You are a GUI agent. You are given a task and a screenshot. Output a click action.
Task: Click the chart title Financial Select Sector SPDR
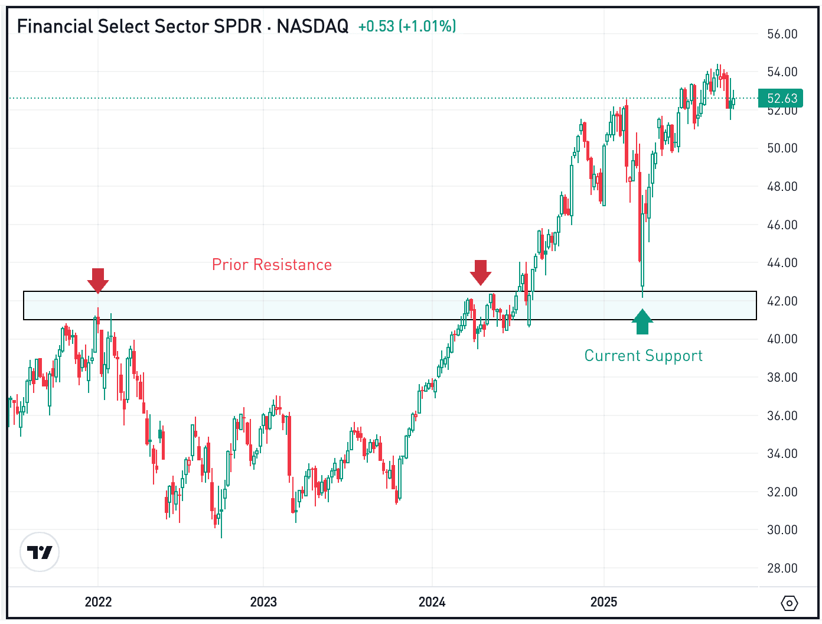click(139, 27)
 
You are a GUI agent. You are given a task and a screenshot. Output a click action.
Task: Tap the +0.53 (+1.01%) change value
click(407, 27)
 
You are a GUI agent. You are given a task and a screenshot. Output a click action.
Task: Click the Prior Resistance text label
click(272, 265)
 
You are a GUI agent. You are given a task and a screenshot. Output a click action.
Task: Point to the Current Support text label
click(643, 356)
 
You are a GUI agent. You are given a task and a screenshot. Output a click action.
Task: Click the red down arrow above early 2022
click(98, 280)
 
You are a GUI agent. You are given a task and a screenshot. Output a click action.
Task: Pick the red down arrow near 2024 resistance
click(481, 272)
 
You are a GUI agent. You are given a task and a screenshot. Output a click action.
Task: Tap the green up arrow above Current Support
click(642, 322)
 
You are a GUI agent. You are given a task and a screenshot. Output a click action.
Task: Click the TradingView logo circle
click(40, 552)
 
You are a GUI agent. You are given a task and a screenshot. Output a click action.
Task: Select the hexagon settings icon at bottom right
click(789, 603)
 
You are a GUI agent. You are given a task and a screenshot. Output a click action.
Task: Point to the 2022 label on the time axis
click(98, 602)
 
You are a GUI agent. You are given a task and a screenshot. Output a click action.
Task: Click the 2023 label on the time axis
click(263, 602)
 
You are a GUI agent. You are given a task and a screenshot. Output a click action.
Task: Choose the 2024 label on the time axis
click(432, 602)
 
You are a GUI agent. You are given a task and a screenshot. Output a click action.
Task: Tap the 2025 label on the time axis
click(604, 602)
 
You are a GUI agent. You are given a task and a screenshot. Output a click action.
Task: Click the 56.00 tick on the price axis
click(782, 34)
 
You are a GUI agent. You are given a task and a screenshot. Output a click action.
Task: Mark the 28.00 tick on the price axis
click(782, 568)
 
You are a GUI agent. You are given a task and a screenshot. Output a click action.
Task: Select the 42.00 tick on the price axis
click(782, 301)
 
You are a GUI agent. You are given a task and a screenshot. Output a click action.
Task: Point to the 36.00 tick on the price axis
click(782, 416)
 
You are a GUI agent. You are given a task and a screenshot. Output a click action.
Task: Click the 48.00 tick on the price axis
click(782, 187)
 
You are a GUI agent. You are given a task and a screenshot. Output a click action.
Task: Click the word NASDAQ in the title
click(312, 27)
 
